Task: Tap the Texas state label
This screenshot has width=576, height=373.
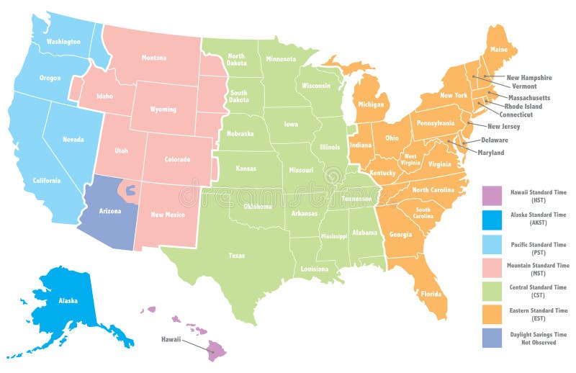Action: point(236,256)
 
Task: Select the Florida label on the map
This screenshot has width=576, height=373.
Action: point(431,294)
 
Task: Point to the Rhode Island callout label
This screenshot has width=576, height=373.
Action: point(523,106)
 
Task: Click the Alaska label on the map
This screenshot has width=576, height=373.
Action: point(68,300)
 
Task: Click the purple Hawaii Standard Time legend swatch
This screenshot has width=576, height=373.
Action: point(492,194)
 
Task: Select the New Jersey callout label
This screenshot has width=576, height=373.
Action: point(523,126)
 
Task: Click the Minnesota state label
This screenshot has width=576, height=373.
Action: point(280,59)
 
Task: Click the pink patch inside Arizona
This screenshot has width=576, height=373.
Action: point(130,190)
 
